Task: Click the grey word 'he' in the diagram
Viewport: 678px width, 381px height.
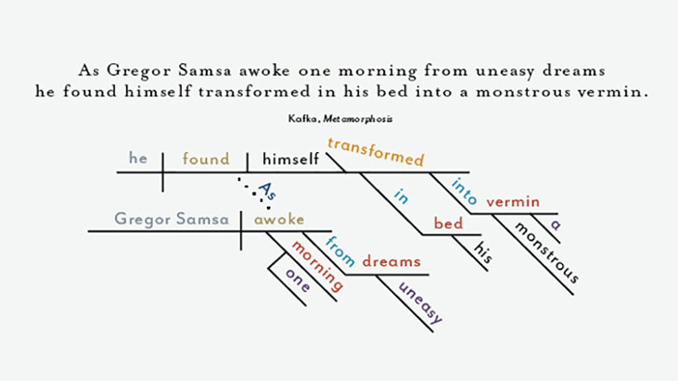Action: [138, 159]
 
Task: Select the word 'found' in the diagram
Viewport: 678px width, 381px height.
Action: [206, 159]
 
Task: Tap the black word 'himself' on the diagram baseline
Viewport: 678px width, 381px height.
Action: [290, 159]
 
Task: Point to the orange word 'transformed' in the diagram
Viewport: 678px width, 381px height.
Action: [376, 152]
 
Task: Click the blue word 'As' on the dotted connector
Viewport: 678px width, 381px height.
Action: [267, 191]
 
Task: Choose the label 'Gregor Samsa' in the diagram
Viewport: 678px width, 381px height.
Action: [172, 219]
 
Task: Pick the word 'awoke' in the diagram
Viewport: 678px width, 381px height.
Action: [279, 220]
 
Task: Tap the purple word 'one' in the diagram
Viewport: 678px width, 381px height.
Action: [298, 280]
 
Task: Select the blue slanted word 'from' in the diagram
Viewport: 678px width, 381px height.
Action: [340, 251]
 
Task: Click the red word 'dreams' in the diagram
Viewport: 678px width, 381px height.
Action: [391, 261]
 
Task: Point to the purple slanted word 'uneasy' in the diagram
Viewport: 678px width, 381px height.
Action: [420, 303]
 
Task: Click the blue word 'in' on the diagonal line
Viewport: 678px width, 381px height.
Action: [402, 197]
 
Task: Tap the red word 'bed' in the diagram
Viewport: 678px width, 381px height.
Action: [448, 223]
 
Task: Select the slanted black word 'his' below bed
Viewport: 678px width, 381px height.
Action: [483, 252]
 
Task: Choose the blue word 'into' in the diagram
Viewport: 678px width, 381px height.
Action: [464, 191]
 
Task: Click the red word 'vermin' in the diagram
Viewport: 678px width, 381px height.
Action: [513, 202]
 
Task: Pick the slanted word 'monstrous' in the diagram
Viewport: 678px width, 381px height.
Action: [546, 252]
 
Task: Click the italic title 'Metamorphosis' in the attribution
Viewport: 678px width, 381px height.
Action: [358, 119]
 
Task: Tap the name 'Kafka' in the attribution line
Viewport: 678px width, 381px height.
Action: [303, 119]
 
